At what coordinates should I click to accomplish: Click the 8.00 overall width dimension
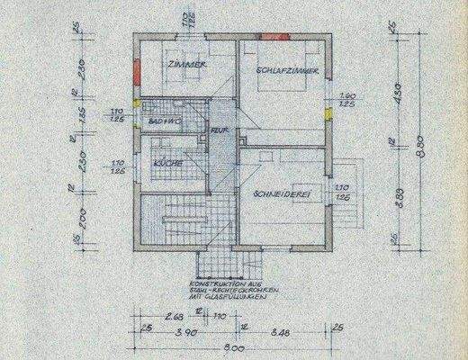(x=233, y=347)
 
